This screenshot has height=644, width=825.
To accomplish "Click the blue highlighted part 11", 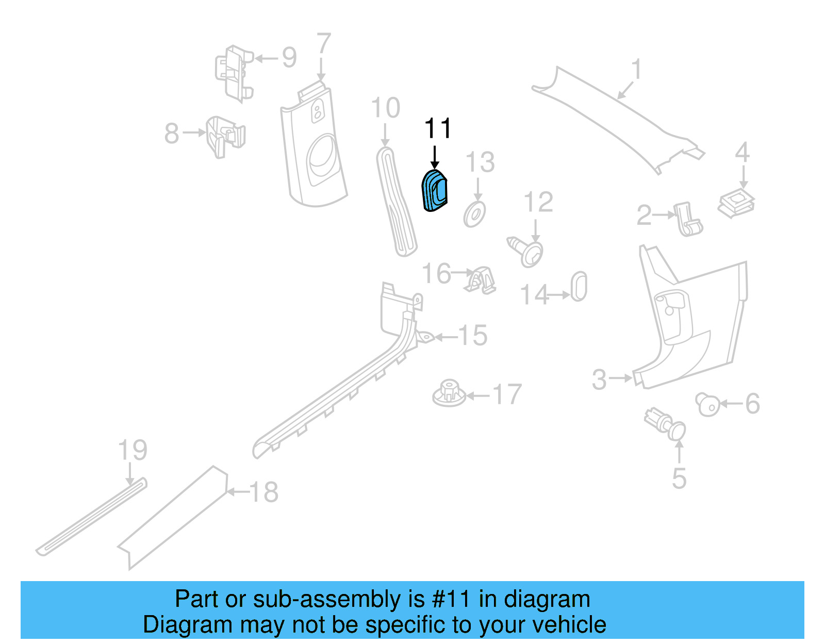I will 435,191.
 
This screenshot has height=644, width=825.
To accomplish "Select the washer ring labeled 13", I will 474,214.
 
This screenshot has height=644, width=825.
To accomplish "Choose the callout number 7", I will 323,44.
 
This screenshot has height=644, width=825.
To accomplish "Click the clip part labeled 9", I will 234,72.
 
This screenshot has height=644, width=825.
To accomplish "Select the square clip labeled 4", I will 736,203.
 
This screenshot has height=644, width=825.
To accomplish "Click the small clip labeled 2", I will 688,219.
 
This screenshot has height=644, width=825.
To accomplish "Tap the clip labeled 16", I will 482,281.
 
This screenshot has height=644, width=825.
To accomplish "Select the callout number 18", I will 264,492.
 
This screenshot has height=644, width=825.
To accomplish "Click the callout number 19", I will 133,450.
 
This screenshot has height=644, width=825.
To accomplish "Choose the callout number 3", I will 599,379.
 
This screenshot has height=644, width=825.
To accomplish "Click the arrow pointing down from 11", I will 435,156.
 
